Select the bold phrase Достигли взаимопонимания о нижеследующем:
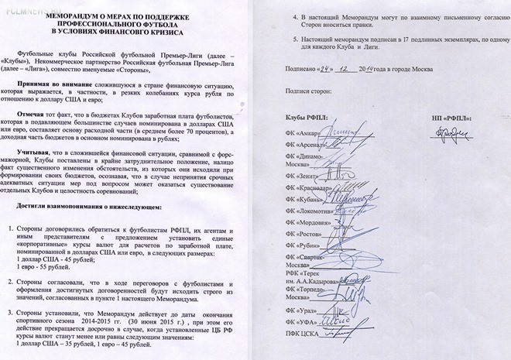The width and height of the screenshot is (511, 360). point(90,209)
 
